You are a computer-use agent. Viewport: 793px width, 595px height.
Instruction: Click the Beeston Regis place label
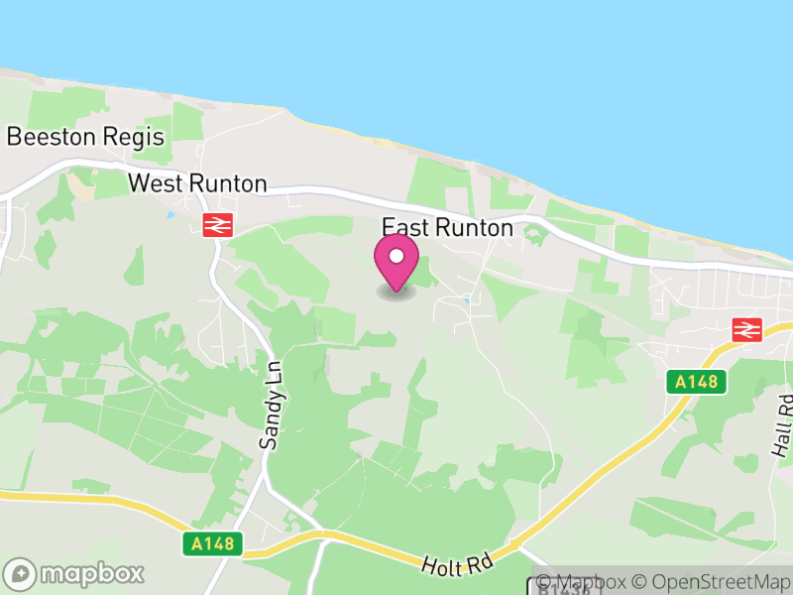pyautogui.click(x=85, y=137)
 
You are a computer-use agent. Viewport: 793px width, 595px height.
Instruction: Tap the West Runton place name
pyautogui.click(x=198, y=183)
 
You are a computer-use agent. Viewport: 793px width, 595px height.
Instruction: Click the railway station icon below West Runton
pyautogui.click(x=217, y=225)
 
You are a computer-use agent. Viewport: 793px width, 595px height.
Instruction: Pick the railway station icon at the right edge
pyautogui.click(x=745, y=330)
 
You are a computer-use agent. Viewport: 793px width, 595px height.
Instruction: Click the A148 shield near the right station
pyautogui.click(x=697, y=381)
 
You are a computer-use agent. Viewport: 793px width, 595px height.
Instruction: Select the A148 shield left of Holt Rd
pyautogui.click(x=213, y=543)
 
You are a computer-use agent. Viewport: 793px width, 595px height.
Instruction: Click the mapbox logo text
pyautogui.click(x=92, y=573)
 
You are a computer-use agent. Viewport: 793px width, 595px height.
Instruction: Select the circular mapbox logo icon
pyautogui.click(x=21, y=574)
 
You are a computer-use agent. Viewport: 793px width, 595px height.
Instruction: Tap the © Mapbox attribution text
pyautogui.click(x=584, y=583)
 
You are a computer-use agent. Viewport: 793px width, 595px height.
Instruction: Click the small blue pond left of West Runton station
pyautogui.click(x=170, y=214)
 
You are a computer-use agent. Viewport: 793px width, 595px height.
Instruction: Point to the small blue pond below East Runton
pyautogui.click(x=466, y=299)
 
